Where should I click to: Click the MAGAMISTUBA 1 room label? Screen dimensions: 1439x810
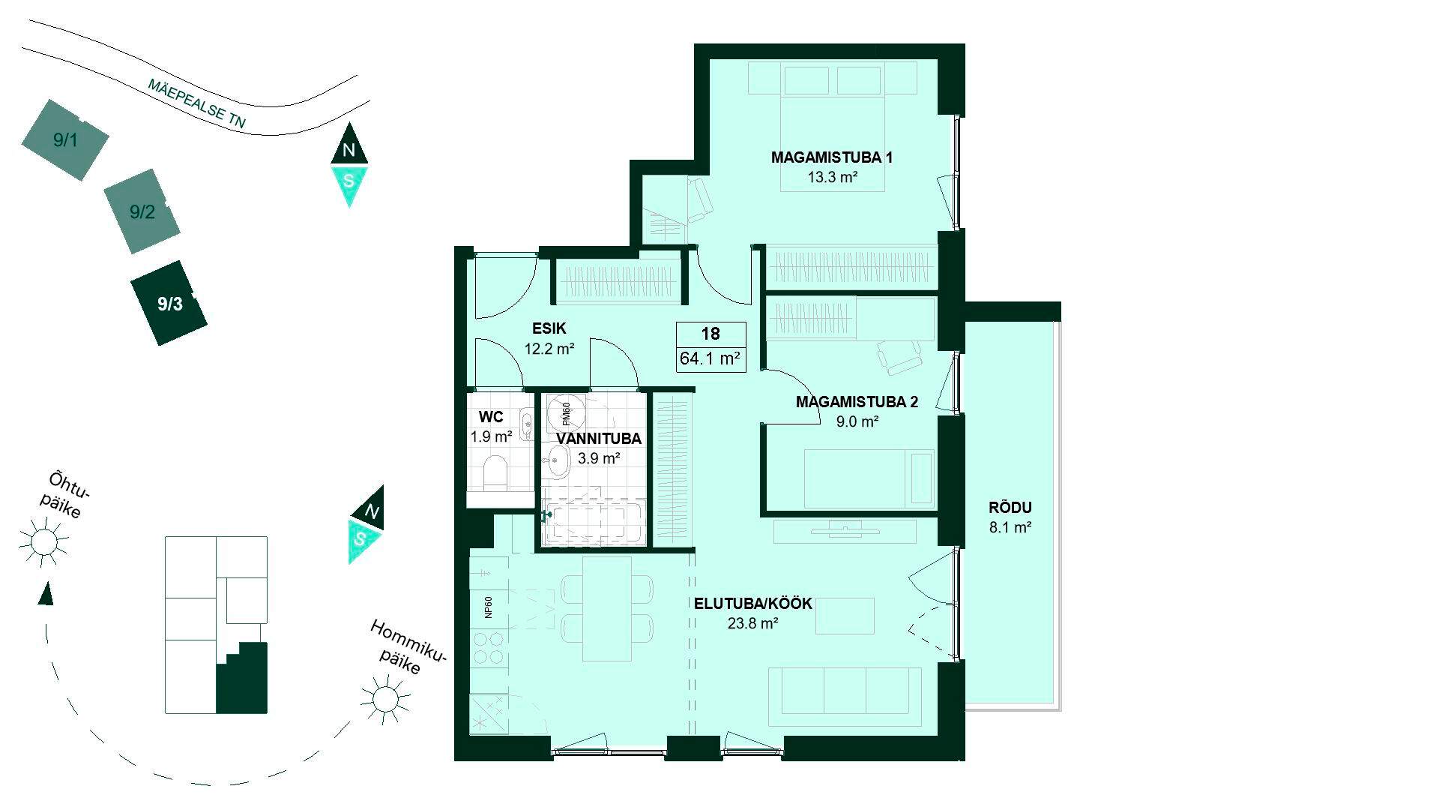[832, 157]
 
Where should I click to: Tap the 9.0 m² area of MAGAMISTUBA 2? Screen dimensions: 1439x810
[857, 421]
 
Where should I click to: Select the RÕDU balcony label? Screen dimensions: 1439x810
[1010, 508]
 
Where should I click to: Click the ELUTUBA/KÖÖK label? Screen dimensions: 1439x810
[753, 604]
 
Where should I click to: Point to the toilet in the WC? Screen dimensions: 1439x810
[495, 472]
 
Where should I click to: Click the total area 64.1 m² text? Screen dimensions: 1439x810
[711, 358]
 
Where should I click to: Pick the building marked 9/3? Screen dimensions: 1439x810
[169, 303]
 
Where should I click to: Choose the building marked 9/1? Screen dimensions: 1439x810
[65, 139]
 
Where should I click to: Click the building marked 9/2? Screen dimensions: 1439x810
[142, 211]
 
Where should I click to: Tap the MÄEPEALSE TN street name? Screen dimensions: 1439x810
[197, 103]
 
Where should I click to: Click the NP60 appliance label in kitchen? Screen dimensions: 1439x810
[489, 607]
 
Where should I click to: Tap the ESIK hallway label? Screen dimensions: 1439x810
[549, 328]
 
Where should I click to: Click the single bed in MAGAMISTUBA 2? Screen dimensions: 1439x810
[869, 478]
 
